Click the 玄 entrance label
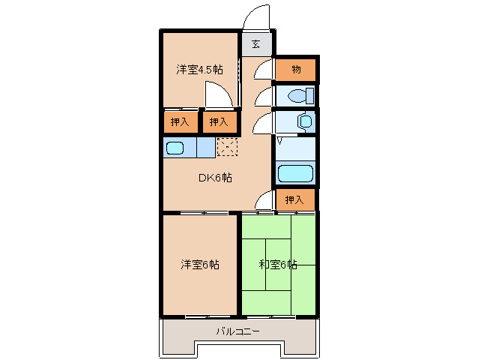[x=256, y=44]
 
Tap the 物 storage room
[x=296, y=70]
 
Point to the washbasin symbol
[x=304, y=121]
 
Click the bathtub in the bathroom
[x=296, y=174]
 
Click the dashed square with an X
[x=226, y=147]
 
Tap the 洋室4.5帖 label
[x=199, y=70]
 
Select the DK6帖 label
[x=214, y=178]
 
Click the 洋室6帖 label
[x=199, y=265]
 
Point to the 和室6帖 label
[x=278, y=265]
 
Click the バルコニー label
[x=238, y=331]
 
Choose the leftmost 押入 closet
[x=180, y=121]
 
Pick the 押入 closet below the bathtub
[x=295, y=199]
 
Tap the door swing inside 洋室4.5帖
[x=218, y=96]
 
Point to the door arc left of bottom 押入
[x=264, y=200]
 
